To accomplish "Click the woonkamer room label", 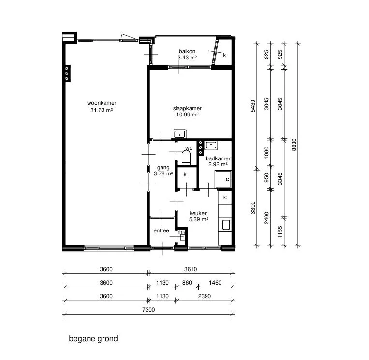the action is click(x=102, y=103).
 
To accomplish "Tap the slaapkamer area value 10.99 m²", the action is click(x=187, y=115).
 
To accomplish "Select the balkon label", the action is click(x=187, y=51).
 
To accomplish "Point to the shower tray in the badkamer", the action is click(x=223, y=179).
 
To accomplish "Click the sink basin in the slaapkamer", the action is click(x=179, y=134).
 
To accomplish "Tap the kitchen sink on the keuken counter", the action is click(x=226, y=225).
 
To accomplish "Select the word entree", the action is click(x=161, y=230).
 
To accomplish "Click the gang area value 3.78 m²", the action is click(x=163, y=173).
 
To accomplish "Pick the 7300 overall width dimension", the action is click(x=148, y=309).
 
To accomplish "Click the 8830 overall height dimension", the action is click(x=294, y=144).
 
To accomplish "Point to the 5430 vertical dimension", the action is click(x=253, y=106).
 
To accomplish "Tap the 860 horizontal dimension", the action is click(x=187, y=282).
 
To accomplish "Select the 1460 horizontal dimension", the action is click(x=215, y=282).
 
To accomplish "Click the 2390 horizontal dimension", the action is click(x=204, y=296).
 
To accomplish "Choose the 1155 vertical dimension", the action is click(x=280, y=232).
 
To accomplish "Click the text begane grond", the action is click(x=93, y=339).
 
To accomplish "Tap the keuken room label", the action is click(x=198, y=213).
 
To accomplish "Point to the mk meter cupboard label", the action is click(x=181, y=232).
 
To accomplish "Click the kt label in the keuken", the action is click(x=225, y=197).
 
